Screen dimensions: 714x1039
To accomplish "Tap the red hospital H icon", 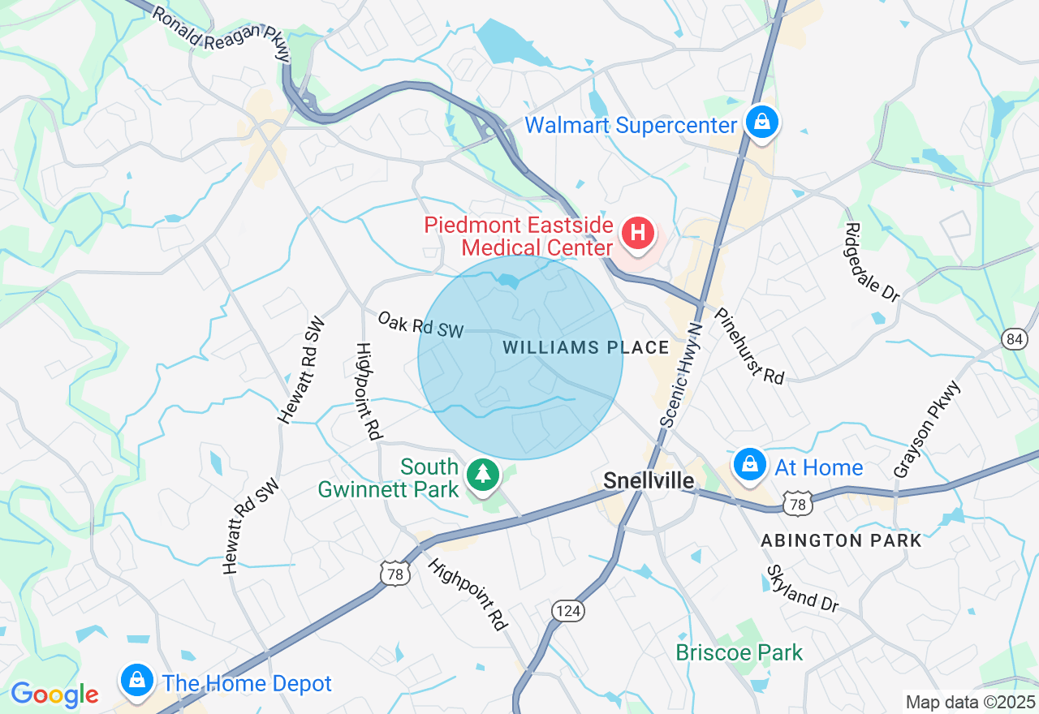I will pyautogui.click(x=638, y=234).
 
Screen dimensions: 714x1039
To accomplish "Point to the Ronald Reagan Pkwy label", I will pyautogui.click(x=221, y=35).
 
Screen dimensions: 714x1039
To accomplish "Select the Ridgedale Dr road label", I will pyautogui.click(x=873, y=263).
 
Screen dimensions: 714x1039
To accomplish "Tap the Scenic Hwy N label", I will pyautogui.click(x=681, y=374).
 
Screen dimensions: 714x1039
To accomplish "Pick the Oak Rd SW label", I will pyautogui.click(x=420, y=324).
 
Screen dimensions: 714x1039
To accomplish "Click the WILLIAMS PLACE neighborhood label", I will pyautogui.click(x=586, y=348).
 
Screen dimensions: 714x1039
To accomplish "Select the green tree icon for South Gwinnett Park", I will pyautogui.click(x=484, y=472).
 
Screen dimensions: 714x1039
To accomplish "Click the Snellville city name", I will pyautogui.click(x=649, y=481).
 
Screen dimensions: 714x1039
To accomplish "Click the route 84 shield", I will pyautogui.click(x=1013, y=338).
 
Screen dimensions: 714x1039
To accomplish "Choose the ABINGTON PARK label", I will pyautogui.click(x=841, y=540).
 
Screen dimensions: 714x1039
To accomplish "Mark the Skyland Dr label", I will pyautogui.click(x=801, y=589).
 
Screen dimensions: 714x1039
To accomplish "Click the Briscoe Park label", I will pyautogui.click(x=739, y=652).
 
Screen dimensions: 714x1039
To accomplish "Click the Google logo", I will pyautogui.click(x=54, y=695).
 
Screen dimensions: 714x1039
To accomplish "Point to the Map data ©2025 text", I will pyautogui.click(x=970, y=702).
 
